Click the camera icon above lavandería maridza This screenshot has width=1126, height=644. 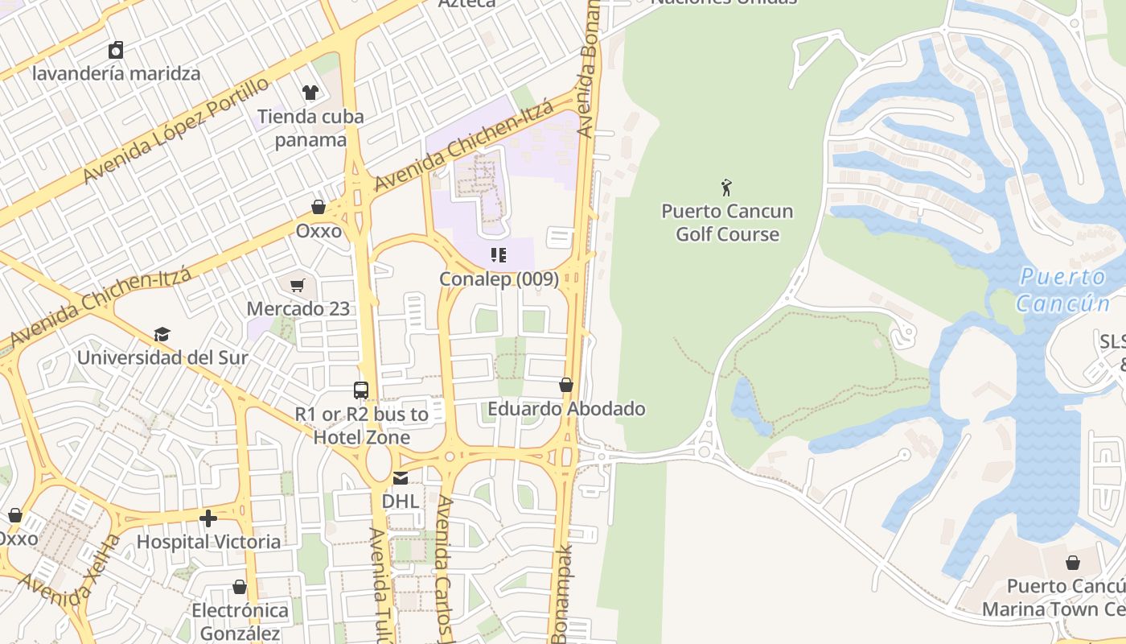click(x=116, y=50)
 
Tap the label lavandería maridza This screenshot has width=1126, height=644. click(x=116, y=73)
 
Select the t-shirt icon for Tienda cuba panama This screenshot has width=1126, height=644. click(x=310, y=93)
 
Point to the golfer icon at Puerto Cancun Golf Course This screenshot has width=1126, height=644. click(x=727, y=188)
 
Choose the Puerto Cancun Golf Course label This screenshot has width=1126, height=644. click(x=727, y=223)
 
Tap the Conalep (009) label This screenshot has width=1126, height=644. click(x=499, y=279)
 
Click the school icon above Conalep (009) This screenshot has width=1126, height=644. click(x=499, y=255)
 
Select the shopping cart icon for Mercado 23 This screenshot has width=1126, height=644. click(x=298, y=285)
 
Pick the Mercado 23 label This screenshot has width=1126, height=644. click(x=298, y=308)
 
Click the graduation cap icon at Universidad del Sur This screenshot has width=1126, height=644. click(x=162, y=334)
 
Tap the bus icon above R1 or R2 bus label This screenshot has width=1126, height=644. click(x=361, y=390)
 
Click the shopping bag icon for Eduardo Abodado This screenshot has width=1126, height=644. click(x=566, y=385)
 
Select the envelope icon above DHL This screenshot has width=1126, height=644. click(x=400, y=478)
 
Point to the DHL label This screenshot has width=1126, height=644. click(x=400, y=501)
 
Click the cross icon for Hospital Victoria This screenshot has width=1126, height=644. click(x=208, y=518)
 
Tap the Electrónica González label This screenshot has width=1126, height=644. click(x=239, y=621)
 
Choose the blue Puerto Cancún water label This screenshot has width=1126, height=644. click(x=1062, y=290)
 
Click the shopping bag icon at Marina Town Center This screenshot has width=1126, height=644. click(x=1072, y=562)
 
